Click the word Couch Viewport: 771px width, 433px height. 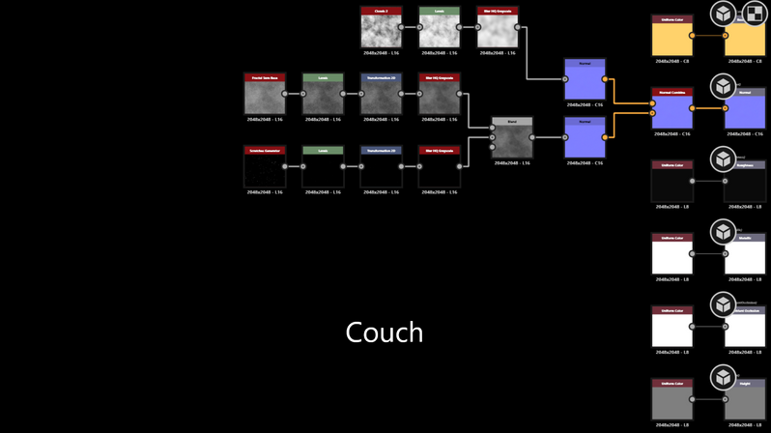(x=385, y=332)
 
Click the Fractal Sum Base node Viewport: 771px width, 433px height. (x=265, y=95)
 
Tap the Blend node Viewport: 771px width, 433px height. (x=512, y=138)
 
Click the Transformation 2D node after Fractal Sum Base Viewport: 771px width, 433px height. (x=382, y=95)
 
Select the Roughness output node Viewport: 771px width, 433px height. (x=745, y=182)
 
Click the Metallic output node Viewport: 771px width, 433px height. (x=745, y=254)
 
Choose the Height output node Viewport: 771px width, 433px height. (x=745, y=399)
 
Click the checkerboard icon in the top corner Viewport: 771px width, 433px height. (x=754, y=14)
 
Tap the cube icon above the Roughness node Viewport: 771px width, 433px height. (x=723, y=159)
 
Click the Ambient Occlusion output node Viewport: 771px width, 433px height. (x=745, y=327)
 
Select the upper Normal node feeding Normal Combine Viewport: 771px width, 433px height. (x=585, y=79)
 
